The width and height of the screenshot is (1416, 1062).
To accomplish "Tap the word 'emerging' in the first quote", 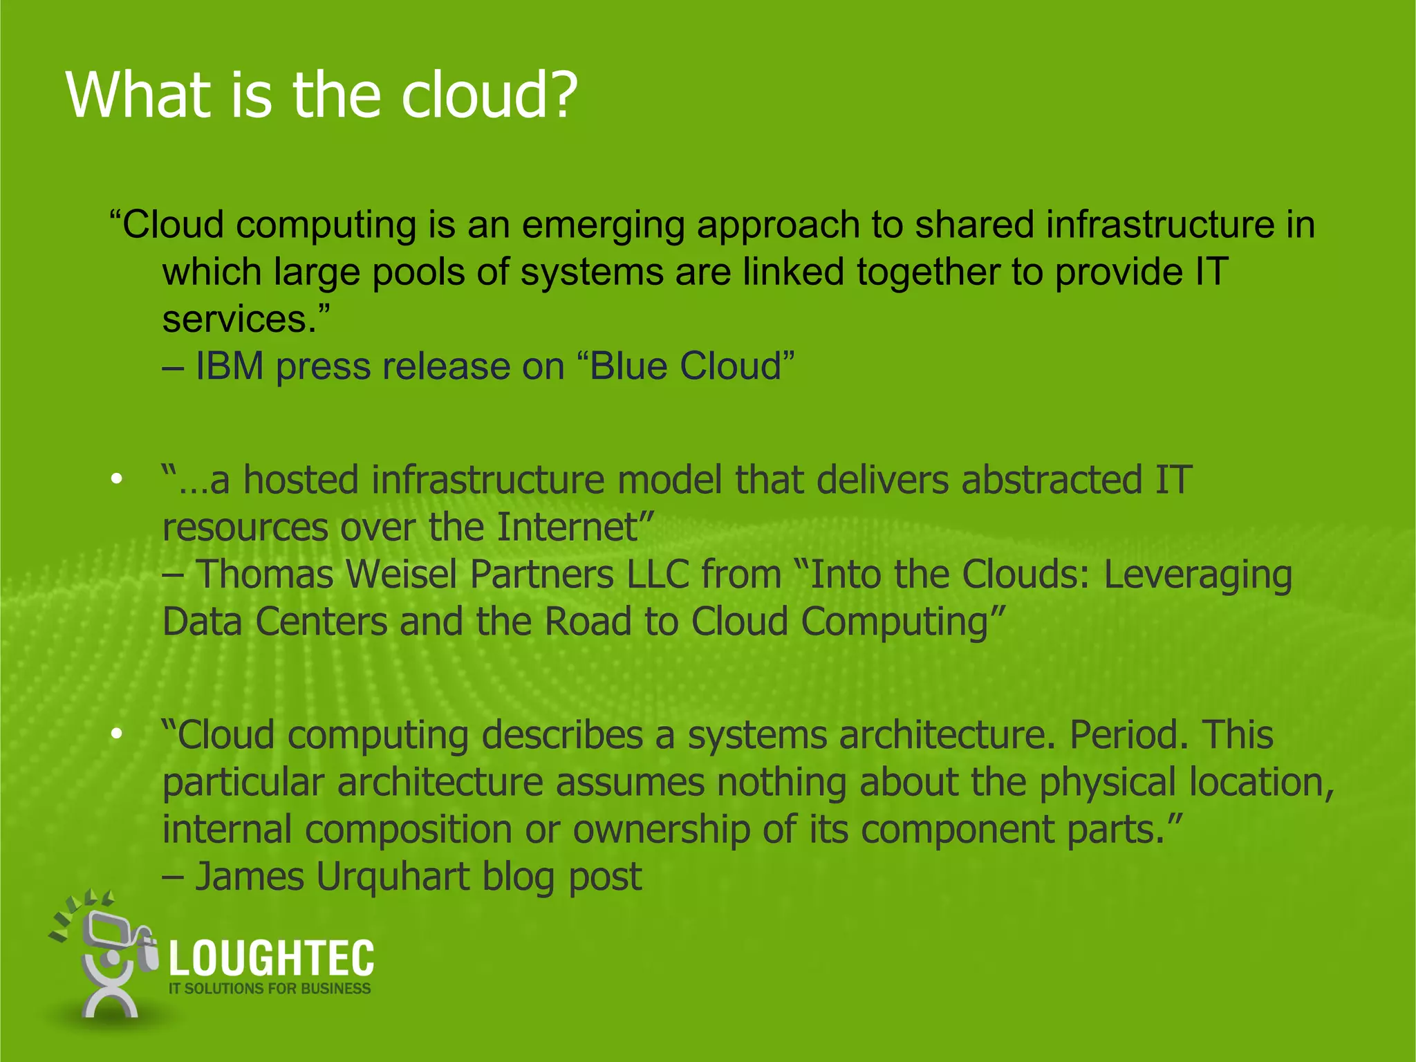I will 602,225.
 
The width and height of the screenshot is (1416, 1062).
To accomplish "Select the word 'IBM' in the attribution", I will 230,366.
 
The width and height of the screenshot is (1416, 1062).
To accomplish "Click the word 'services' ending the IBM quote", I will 234,319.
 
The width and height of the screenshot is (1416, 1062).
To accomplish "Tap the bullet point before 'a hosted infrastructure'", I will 117,478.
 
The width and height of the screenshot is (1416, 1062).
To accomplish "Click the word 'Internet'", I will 567,527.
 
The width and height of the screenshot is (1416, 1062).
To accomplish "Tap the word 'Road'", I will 588,622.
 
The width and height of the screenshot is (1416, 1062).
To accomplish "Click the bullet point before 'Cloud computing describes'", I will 117,734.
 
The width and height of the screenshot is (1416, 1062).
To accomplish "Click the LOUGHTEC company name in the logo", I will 271,958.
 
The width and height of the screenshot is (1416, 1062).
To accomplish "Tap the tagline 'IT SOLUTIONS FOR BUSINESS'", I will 270,989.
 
